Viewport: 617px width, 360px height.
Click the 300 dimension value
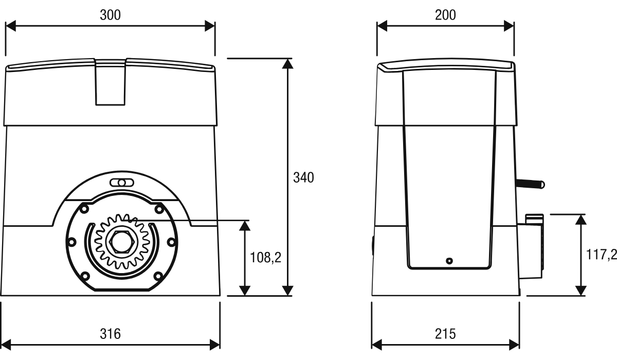tap(110, 15)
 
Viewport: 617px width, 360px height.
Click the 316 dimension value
tap(110, 334)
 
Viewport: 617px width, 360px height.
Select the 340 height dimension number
tap(303, 177)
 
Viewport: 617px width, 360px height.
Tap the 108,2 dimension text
tap(265, 258)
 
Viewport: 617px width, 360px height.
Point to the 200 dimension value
tap(445, 15)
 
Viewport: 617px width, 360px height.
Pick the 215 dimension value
tap(445, 334)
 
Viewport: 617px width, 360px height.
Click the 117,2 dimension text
tap(601, 254)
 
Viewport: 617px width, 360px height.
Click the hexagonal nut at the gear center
tap(122, 242)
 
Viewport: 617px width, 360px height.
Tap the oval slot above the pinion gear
tap(122, 183)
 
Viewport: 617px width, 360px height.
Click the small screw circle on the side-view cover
tap(449, 261)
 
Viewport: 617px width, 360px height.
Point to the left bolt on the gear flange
tap(71, 242)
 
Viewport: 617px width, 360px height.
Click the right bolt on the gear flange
tap(171, 242)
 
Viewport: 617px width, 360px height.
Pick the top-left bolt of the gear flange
tap(84, 209)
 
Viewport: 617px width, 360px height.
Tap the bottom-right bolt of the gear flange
tap(158, 276)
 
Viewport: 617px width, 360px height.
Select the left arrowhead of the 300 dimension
tap(10, 26)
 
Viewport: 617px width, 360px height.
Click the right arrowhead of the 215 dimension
tap(514, 345)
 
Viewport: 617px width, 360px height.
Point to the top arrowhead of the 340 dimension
tap(287, 64)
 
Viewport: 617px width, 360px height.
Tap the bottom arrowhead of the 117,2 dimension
tap(580, 291)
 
